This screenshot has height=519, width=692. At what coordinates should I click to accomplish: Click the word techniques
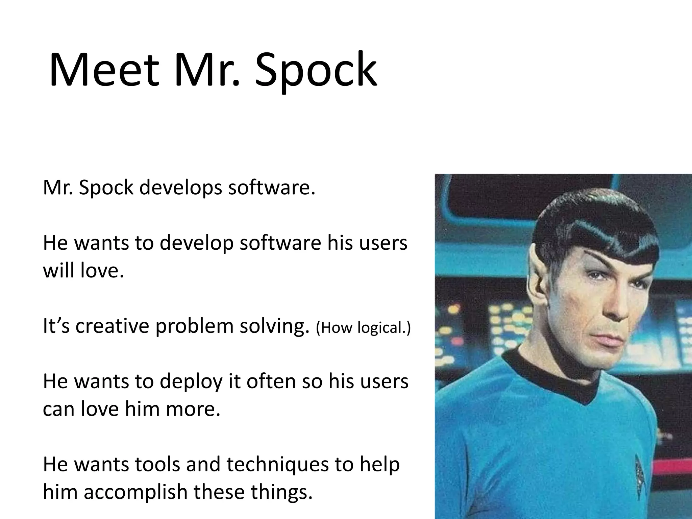point(277,465)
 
